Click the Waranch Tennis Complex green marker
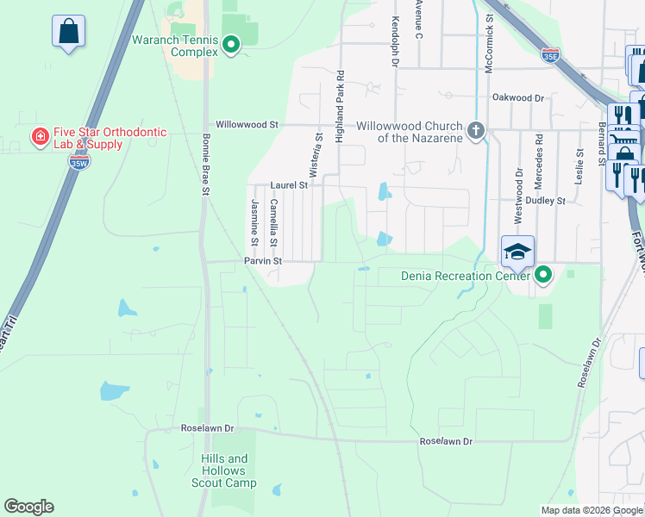(231, 45)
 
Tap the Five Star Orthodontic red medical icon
(39, 137)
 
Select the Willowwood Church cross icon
(474, 131)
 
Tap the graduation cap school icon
(517, 251)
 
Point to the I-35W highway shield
(78, 161)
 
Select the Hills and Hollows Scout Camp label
(223, 470)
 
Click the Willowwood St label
(247, 124)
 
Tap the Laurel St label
(289, 184)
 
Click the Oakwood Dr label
(517, 98)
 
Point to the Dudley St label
(548, 200)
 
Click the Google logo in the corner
(28, 507)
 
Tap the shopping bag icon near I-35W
(68, 31)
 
